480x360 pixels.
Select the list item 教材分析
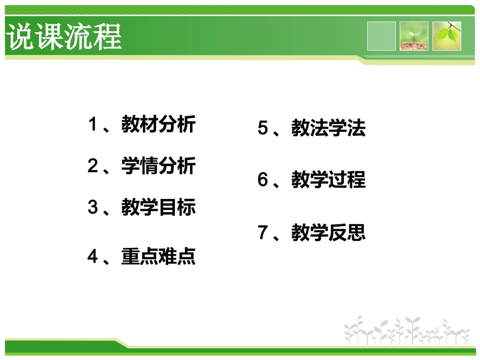click(158, 124)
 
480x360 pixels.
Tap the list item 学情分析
click(158, 166)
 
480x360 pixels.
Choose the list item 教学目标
click(158, 207)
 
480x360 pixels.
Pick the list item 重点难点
click(158, 257)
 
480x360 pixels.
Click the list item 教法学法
click(328, 128)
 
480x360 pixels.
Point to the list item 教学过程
click(328, 180)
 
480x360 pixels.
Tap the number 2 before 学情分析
click(92, 166)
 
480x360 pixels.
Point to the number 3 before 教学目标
click(92, 207)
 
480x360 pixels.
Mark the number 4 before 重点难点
click(92, 257)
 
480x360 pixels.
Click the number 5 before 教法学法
click(263, 128)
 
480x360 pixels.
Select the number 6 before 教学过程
click(263, 180)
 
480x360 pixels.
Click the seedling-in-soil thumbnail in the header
click(414, 36)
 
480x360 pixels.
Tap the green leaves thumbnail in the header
click(447, 36)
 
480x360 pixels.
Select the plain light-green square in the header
click(381, 36)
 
